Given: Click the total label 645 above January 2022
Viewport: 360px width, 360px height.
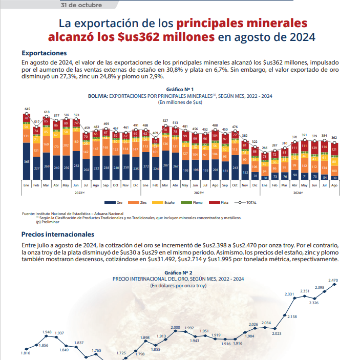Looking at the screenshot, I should tap(27, 109).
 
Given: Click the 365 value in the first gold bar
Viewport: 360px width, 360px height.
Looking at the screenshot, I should tap(27, 162).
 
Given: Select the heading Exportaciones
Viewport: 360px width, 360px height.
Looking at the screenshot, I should tap(44, 53).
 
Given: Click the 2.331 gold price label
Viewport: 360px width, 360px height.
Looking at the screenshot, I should tap(290, 294).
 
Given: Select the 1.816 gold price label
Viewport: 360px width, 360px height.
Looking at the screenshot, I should tap(26, 353).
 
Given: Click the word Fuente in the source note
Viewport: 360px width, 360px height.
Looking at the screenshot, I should tap(29, 213).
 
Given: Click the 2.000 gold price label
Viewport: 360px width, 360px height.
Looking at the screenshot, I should tap(175, 327).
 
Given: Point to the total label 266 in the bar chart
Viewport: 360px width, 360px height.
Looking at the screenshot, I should tap(265, 148).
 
